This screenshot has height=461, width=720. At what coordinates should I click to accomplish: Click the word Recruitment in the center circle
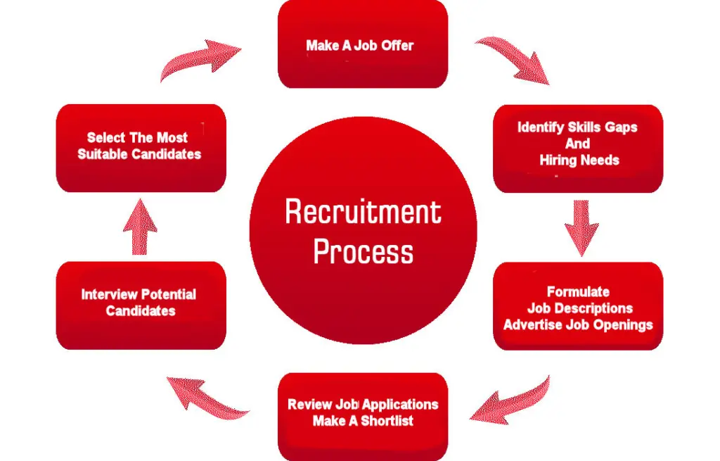363,212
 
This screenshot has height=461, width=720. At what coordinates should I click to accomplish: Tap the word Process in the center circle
363,251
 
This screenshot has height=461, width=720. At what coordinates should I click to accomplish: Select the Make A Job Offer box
363,44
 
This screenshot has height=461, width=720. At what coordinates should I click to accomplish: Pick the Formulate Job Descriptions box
578,306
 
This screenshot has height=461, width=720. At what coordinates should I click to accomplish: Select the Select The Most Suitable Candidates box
140,147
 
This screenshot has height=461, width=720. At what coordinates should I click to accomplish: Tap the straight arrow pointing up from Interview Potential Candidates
140,226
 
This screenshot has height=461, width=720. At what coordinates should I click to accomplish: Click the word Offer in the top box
397,46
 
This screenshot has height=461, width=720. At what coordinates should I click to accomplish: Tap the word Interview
108,294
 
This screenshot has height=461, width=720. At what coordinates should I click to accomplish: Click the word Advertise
532,324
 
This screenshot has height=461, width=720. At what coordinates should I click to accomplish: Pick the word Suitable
101,154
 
